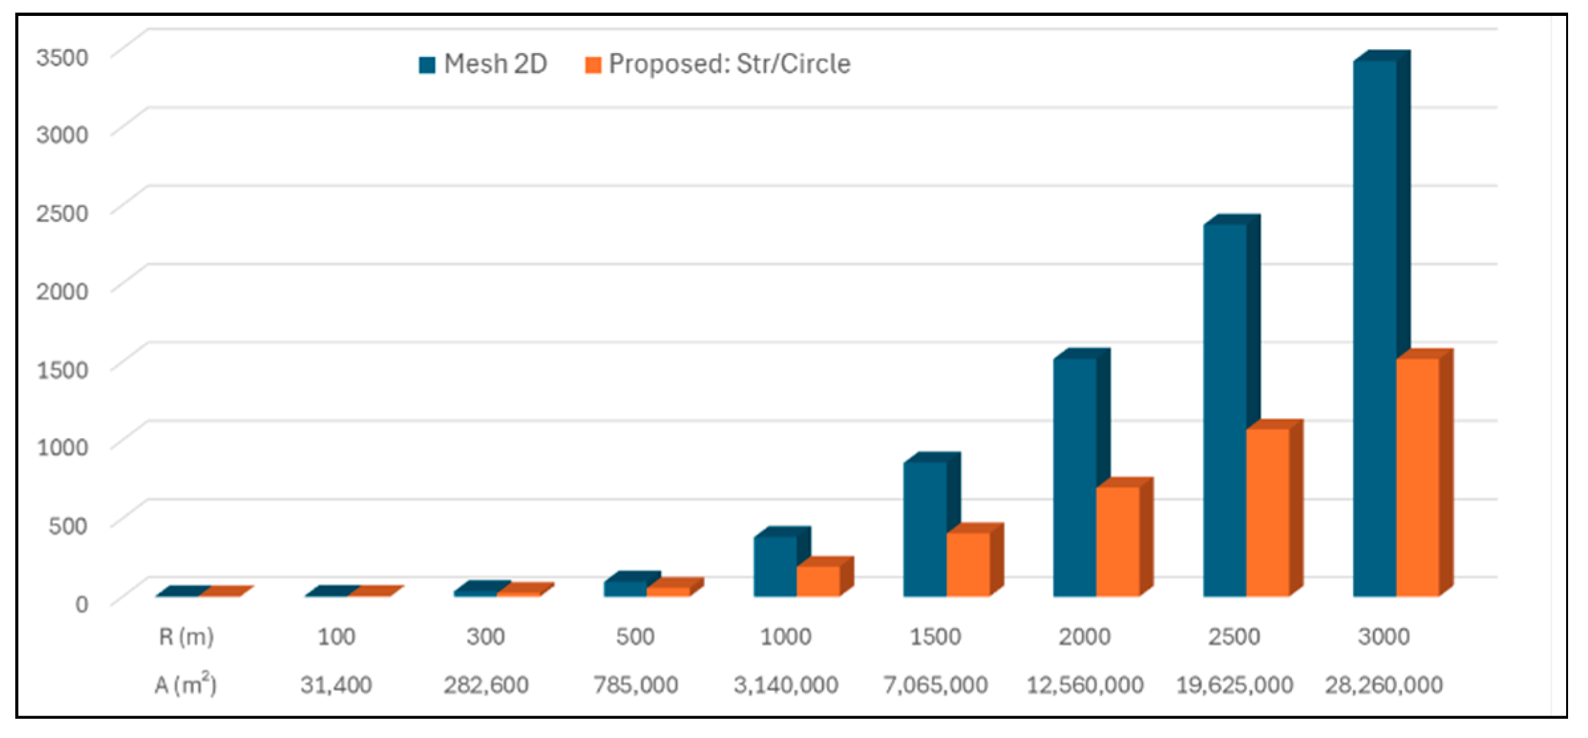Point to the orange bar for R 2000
pos(1118,541)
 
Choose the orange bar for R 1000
pos(818,581)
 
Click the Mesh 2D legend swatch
pos(427,65)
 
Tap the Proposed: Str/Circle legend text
pos(729,64)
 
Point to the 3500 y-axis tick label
pos(62,58)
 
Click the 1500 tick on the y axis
pos(62,370)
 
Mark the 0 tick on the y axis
pos(81,604)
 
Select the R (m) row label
pos(186,636)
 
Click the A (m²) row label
pos(185,684)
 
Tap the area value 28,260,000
pos(1384,685)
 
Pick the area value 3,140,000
pos(785,685)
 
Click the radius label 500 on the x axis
pos(635,636)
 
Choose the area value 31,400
pos(336,685)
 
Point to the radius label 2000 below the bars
pos(1084,636)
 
